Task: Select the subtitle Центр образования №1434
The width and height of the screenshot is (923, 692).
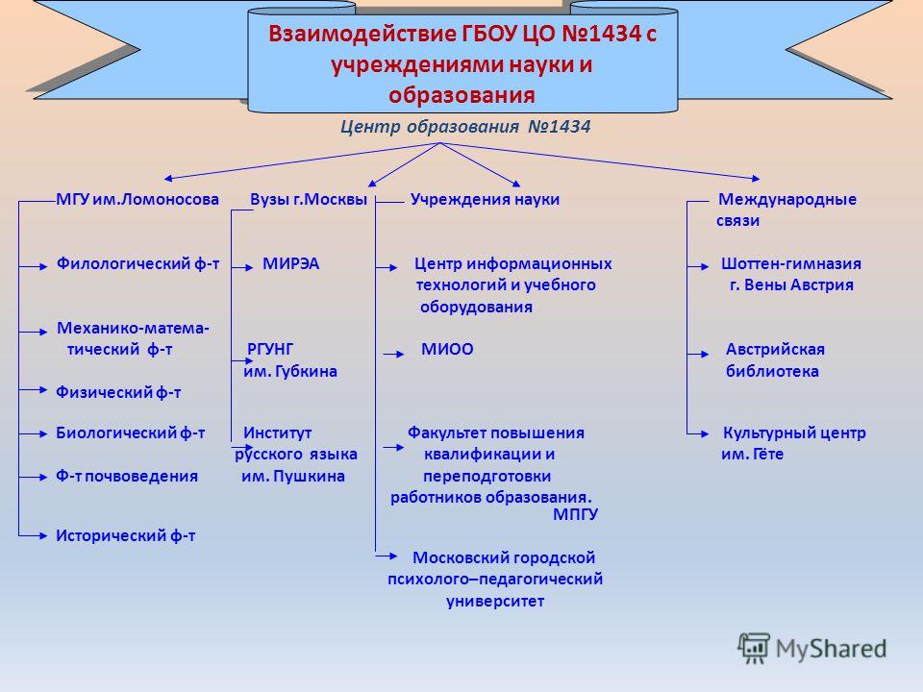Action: click(x=465, y=127)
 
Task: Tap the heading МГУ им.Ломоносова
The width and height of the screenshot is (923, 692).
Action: click(x=137, y=199)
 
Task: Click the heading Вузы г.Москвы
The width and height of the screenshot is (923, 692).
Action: click(x=309, y=199)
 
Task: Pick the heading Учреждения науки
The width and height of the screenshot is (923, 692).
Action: click(x=485, y=199)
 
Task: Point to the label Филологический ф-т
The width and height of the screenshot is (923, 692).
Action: click(x=137, y=263)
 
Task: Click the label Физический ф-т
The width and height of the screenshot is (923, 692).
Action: click(x=118, y=392)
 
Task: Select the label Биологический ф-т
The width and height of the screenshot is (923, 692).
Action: click(x=130, y=432)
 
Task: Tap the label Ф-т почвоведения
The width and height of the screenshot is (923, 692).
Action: click(x=127, y=476)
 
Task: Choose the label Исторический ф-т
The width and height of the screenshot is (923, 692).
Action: click(x=125, y=535)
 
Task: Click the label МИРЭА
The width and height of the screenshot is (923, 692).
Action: click(x=290, y=263)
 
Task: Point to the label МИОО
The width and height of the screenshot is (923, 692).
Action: click(x=447, y=349)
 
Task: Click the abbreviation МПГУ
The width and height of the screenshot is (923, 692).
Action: click(x=575, y=514)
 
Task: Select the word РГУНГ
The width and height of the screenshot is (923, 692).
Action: click(x=269, y=349)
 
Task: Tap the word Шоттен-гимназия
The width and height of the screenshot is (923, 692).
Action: click(x=791, y=263)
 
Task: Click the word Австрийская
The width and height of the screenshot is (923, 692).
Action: click(x=775, y=349)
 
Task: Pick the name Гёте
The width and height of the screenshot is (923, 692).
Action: click(x=766, y=454)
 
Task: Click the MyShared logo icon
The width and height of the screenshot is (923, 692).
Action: click(x=754, y=648)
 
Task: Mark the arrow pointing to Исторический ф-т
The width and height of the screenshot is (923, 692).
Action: click(x=33, y=535)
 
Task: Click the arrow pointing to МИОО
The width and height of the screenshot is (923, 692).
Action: click(x=394, y=355)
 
